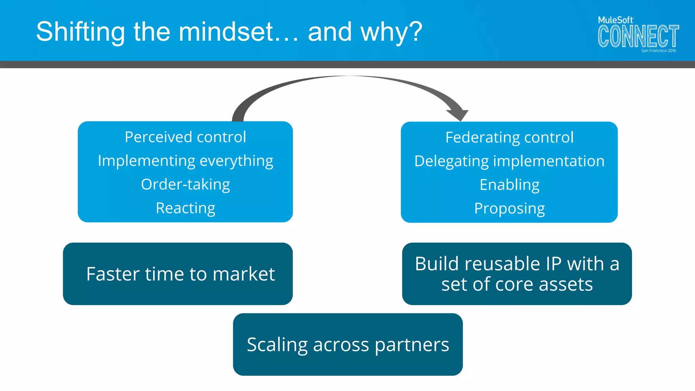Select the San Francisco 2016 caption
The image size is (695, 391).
pyautogui.click(x=658, y=51)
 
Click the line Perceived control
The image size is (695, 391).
pyautogui.click(x=185, y=137)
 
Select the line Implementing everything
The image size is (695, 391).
pyautogui.click(x=185, y=161)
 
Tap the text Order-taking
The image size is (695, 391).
pyautogui.click(x=185, y=185)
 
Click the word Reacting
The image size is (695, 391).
pyautogui.click(x=185, y=208)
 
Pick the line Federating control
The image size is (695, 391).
pyautogui.click(x=509, y=137)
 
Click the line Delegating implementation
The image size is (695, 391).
pyautogui.click(x=509, y=161)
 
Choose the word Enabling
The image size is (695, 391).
pyautogui.click(x=509, y=185)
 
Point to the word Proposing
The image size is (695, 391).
pyautogui.click(x=509, y=209)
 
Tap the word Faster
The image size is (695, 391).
pyautogui.click(x=113, y=274)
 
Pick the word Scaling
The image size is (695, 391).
pyautogui.click(x=277, y=345)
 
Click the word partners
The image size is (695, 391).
pyautogui.click(x=412, y=345)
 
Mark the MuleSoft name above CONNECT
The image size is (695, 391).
pyautogui.click(x=615, y=20)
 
